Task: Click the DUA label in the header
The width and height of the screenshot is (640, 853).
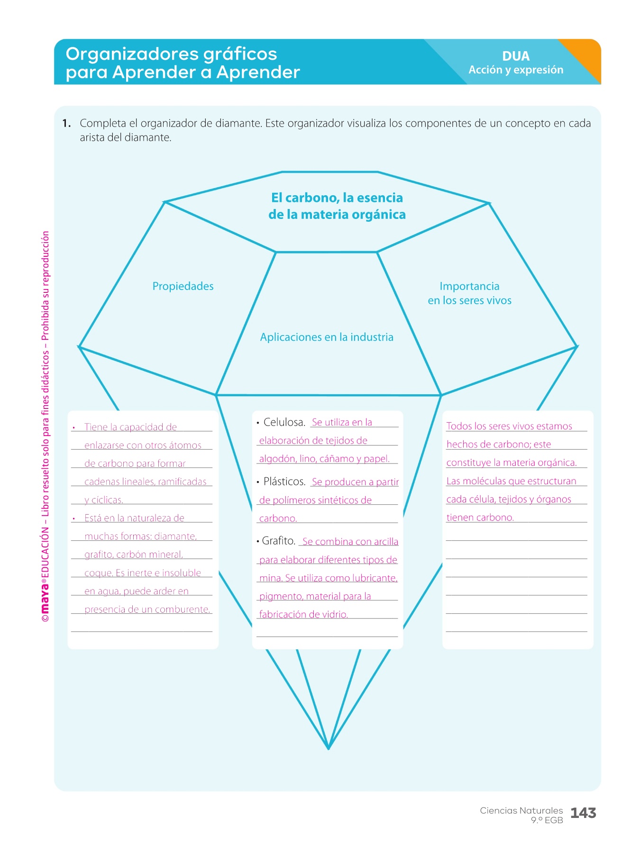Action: [x=515, y=56]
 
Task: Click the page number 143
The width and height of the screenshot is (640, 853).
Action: [x=583, y=813]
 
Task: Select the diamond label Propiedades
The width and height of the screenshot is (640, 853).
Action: [x=183, y=286]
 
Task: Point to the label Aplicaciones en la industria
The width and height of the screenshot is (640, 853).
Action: [x=327, y=337]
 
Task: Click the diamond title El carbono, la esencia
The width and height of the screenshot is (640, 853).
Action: [x=337, y=198]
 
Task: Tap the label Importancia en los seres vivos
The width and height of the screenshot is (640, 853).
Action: [x=469, y=293]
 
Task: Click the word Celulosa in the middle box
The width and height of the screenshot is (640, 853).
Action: [x=284, y=422]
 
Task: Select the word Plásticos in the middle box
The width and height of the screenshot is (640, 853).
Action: [x=284, y=481]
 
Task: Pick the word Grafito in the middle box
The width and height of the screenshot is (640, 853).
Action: [x=278, y=541]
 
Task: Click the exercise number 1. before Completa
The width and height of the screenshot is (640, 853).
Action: [x=66, y=124]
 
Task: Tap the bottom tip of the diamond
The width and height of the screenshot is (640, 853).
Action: [x=328, y=748]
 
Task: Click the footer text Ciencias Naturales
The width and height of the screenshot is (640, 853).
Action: [x=521, y=810]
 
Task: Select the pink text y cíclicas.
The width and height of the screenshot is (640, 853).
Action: [x=104, y=500]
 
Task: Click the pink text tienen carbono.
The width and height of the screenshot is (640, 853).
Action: [x=480, y=517]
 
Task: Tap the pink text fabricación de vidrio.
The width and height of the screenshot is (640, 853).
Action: [x=303, y=615]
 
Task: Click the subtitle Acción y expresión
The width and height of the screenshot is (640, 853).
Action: [x=516, y=70]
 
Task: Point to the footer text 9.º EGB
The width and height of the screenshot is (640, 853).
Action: [x=547, y=820]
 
